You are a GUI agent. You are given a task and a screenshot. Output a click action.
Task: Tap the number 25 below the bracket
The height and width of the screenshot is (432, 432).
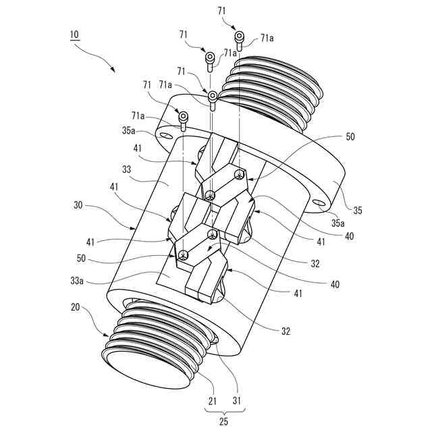click(223, 422)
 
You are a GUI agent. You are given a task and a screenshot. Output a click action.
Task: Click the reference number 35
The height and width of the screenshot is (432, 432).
click(357, 210)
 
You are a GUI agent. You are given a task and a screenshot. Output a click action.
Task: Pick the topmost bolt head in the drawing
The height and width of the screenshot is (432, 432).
click(238, 36)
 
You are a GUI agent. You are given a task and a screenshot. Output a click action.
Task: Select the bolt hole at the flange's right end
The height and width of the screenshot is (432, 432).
click(318, 200)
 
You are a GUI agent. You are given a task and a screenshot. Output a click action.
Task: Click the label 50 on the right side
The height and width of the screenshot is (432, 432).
click(349, 137)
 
